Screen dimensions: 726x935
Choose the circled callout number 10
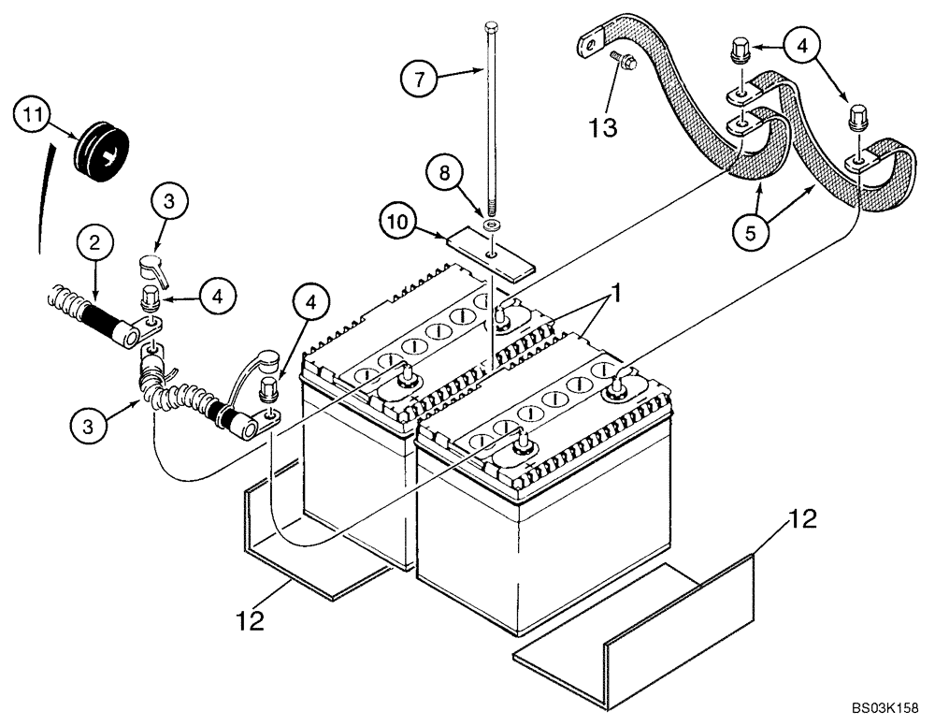tap(398, 222)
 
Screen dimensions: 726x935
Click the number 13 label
tap(603, 127)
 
